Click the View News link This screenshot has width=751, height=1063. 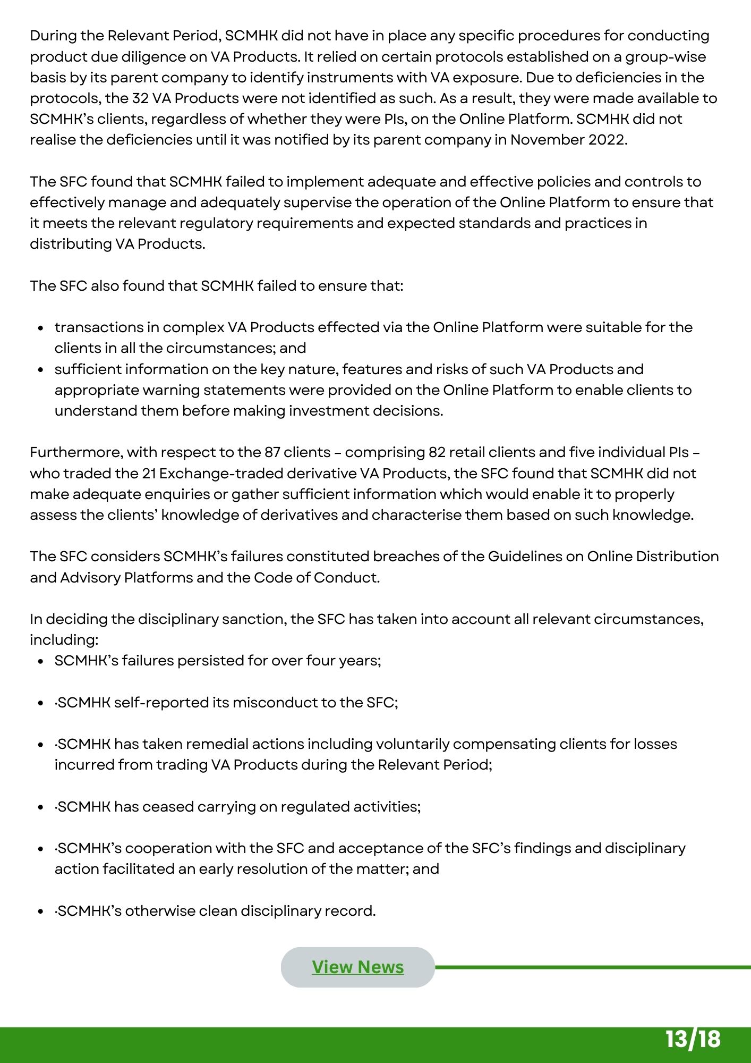(357, 967)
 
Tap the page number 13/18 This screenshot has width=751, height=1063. (693, 1039)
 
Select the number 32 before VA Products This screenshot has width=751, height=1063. (140, 98)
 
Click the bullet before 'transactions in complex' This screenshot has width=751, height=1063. (40, 328)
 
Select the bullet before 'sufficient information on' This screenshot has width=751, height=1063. (40, 370)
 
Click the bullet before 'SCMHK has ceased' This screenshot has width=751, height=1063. (40, 807)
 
